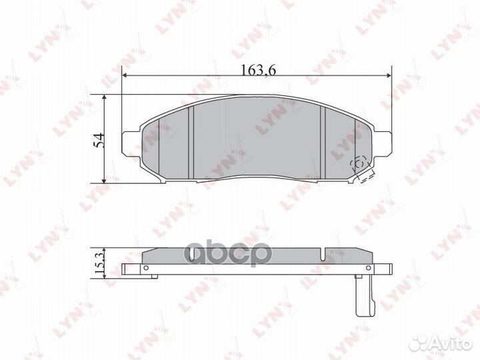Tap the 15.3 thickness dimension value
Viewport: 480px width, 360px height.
pyautogui.click(x=99, y=260)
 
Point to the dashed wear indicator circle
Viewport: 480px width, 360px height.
pyautogui.click(x=359, y=163)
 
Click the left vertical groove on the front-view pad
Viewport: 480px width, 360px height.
pyautogui.click(x=191, y=142)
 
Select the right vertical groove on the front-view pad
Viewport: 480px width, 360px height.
pyautogui.click(x=323, y=142)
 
